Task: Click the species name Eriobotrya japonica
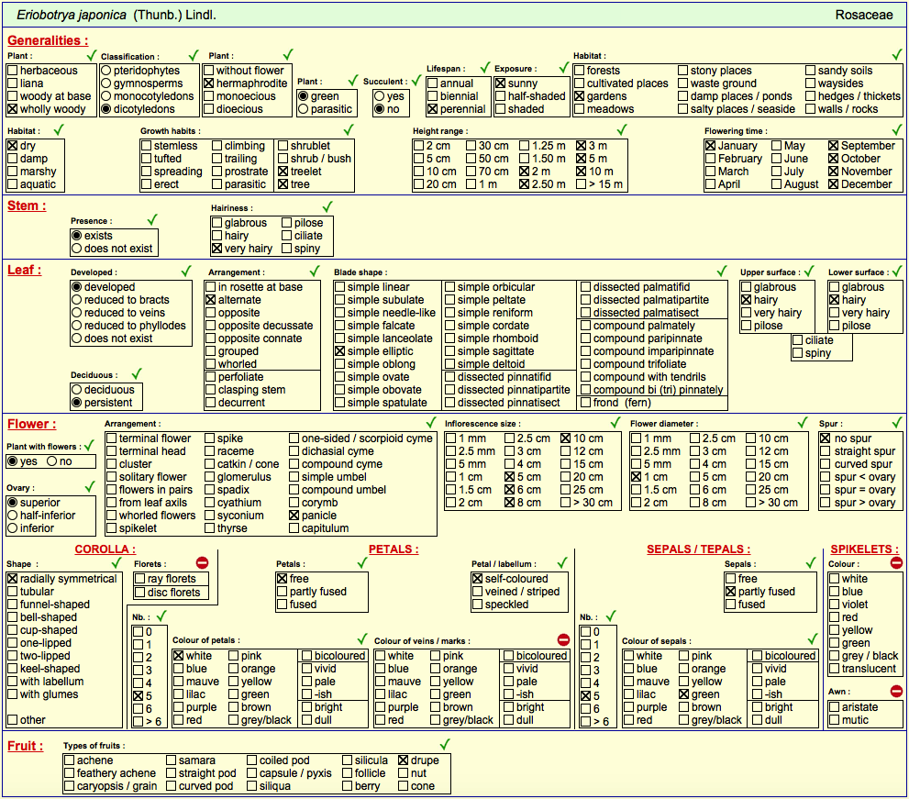72,15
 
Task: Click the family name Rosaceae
864,15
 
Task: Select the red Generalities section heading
48,40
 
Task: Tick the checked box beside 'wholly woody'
12,109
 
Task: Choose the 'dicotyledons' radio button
106,109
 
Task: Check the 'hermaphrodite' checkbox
209,83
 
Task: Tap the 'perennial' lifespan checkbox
432,109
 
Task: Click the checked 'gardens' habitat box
579,96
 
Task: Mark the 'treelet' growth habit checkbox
283,172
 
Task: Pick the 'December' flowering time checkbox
834,184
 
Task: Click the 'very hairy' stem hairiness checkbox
216,249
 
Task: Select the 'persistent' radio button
76,403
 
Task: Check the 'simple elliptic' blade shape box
339,351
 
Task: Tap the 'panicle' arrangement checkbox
294,516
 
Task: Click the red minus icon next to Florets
202,562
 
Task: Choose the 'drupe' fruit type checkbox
404,760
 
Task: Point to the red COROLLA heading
105,549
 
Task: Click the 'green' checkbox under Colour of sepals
684,694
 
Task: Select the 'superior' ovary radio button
12,503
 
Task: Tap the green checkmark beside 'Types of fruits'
445,744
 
